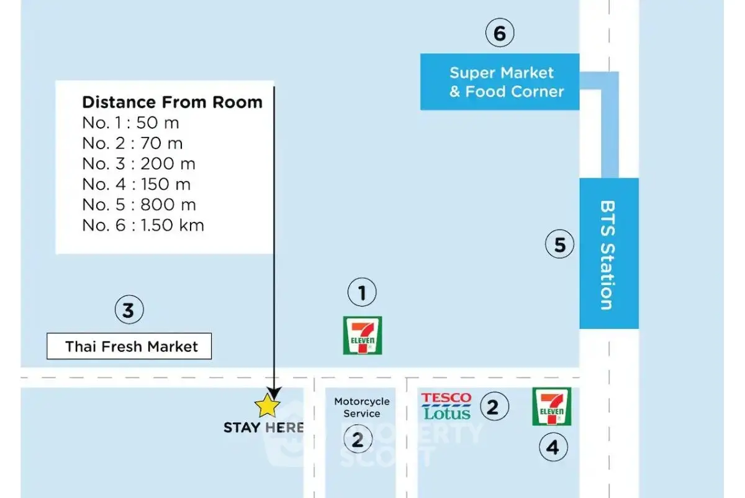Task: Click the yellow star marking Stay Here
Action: coord(268,406)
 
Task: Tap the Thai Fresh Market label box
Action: coord(129,346)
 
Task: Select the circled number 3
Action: coord(129,310)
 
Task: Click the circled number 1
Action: coord(362,292)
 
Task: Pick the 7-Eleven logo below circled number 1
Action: coord(363,336)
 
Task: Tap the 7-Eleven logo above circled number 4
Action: coord(551,407)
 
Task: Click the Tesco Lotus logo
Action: coord(446,406)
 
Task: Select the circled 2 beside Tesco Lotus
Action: coord(493,407)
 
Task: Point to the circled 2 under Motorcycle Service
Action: coord(358,440)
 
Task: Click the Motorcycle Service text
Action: coord(362,407)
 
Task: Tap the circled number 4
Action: coord(552,447)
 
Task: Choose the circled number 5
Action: coord(559,244)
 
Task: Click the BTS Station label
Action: coord(608,254)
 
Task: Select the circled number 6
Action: coord(500,33)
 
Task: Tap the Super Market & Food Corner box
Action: coord(500,82)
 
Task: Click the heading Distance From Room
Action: coord(172,102)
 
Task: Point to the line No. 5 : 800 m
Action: coord(138,205)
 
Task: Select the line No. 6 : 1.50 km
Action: coord(143,225)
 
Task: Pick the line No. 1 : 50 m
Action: coord(130,122)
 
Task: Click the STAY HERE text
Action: coord(264,428)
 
